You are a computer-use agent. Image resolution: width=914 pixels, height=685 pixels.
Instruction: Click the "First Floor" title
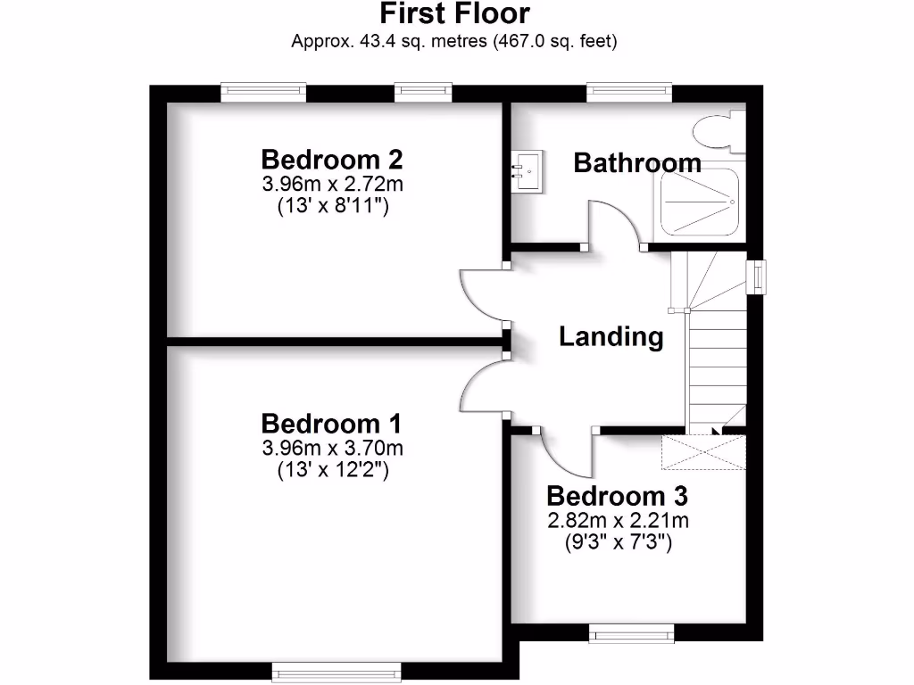pos(454,14)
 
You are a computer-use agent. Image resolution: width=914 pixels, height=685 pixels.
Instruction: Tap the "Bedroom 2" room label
pos(332,161)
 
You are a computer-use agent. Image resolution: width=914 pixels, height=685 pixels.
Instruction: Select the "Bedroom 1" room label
pos(331,423)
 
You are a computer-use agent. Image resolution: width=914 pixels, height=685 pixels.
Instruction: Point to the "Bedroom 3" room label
pos(617,497)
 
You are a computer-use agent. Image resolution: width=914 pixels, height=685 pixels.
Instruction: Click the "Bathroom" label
pos(636,163)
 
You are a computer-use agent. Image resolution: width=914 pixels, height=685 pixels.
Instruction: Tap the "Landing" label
pos(611,337)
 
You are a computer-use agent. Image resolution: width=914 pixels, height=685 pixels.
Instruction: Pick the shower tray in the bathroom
pos(699,202)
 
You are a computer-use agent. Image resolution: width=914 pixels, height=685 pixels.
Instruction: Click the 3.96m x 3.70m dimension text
pos(332,448)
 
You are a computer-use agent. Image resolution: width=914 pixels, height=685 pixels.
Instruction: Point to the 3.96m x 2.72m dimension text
pos(332,186)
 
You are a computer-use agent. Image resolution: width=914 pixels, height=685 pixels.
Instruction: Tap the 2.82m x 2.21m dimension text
pos(618,521)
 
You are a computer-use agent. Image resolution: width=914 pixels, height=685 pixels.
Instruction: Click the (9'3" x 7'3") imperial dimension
pos(618,541)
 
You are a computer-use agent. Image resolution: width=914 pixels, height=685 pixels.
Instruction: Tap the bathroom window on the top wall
pos(628,89)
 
